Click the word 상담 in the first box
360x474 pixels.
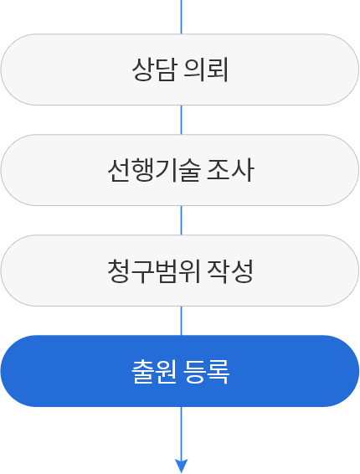154,70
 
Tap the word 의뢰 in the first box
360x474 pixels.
206,70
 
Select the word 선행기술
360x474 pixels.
154,170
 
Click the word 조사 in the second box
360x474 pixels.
230,170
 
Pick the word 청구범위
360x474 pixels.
154,270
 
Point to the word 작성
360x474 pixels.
230,270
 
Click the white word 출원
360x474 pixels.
154,372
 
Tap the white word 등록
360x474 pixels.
207,372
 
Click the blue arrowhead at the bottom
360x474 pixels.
182,466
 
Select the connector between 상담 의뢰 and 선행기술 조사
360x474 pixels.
182,120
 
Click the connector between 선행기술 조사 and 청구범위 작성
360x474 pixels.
182,220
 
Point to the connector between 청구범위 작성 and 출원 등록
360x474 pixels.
182,321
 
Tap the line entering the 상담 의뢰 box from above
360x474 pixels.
182,17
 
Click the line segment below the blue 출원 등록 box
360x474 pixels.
182,433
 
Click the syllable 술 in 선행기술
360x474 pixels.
189,170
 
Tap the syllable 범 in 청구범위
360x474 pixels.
165,270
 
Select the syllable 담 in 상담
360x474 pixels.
166,70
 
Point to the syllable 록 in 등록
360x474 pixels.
219,372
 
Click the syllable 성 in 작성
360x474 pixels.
242,270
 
